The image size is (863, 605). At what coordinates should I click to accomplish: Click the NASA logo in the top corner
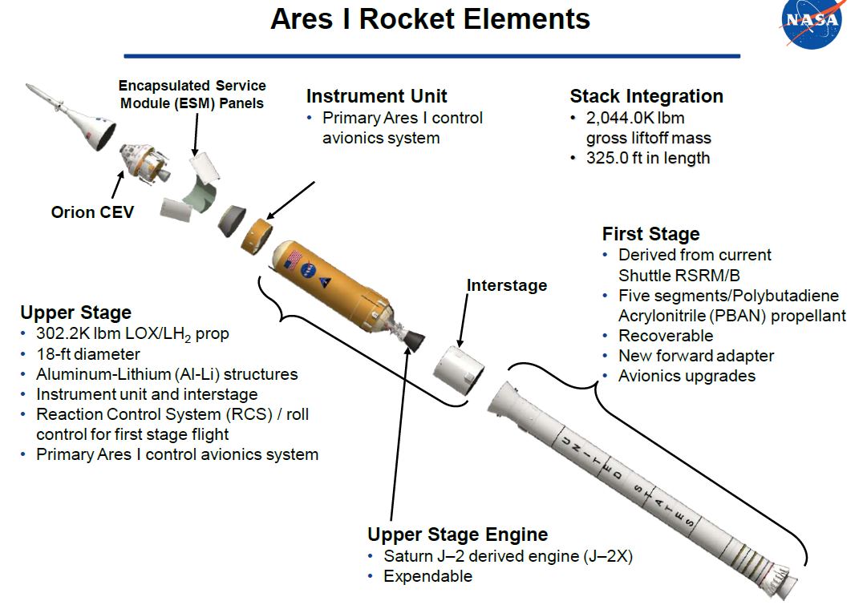(812, 22)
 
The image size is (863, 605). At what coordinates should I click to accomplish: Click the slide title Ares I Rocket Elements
(430, 19)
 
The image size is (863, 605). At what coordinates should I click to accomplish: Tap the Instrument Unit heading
(376, 96)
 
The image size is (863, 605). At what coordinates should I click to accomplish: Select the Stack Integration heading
(646, 96)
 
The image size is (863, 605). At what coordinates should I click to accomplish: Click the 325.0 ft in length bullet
(647, 158)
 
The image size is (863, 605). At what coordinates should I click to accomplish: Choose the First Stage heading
(650, 234)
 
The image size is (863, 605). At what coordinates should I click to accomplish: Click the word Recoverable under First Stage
(665, 336)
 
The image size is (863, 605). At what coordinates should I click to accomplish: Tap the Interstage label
(507, 285)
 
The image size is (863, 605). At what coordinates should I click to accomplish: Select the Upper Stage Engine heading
(457, 534)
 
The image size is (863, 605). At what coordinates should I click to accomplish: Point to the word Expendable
(427, 576)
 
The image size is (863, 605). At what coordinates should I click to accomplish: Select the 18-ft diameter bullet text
(88, 354)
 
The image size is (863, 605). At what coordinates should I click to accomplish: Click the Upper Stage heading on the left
(75, 313)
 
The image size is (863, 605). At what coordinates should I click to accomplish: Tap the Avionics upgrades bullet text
(687, 376)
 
